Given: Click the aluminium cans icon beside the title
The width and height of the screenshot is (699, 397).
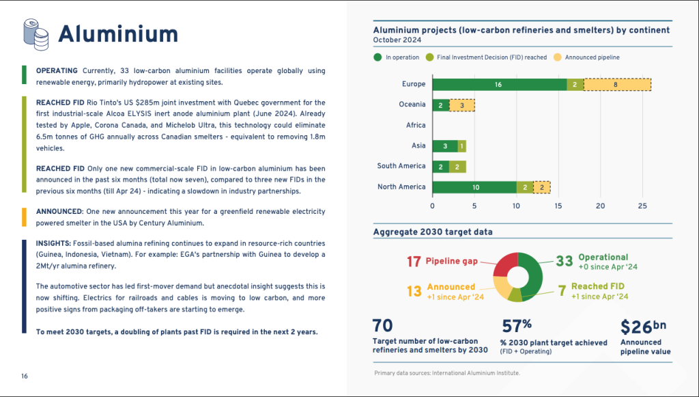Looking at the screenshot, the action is coord(35,34).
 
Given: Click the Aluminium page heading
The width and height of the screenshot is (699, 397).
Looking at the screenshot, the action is coord(118,34).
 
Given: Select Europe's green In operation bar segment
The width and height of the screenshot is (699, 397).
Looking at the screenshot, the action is coord(499,84).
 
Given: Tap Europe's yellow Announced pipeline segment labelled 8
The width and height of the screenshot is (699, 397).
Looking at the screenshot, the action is coord(617,84).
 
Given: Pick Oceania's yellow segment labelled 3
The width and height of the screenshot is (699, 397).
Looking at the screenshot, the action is coord(462,105).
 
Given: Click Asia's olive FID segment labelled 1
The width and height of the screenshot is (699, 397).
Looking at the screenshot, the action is coord(462,146).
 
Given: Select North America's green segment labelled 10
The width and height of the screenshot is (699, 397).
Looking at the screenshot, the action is coord(474,187).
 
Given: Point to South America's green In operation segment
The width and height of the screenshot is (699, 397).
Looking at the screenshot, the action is coord(441,167).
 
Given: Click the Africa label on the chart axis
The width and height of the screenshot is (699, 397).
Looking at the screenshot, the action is coord(416,125).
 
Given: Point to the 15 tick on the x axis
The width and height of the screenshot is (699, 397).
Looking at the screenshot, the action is coord(558,206).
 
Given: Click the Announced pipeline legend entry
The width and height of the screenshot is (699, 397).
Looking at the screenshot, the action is coord(586,57).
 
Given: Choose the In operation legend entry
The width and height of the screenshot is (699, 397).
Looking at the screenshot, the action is coord(397,57).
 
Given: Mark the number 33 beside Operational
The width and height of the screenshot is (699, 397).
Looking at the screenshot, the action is coord(564,261).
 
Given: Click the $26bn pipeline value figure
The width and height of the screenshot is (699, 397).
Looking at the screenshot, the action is coord(643,327).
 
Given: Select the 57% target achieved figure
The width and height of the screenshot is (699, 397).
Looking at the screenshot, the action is coord(516,326).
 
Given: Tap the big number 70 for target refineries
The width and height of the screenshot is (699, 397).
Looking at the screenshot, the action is coord(382,326).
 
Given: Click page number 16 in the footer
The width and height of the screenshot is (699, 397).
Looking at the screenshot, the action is coord(25,377).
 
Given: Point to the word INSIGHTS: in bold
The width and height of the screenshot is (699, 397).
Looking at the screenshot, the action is coord(53,243).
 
